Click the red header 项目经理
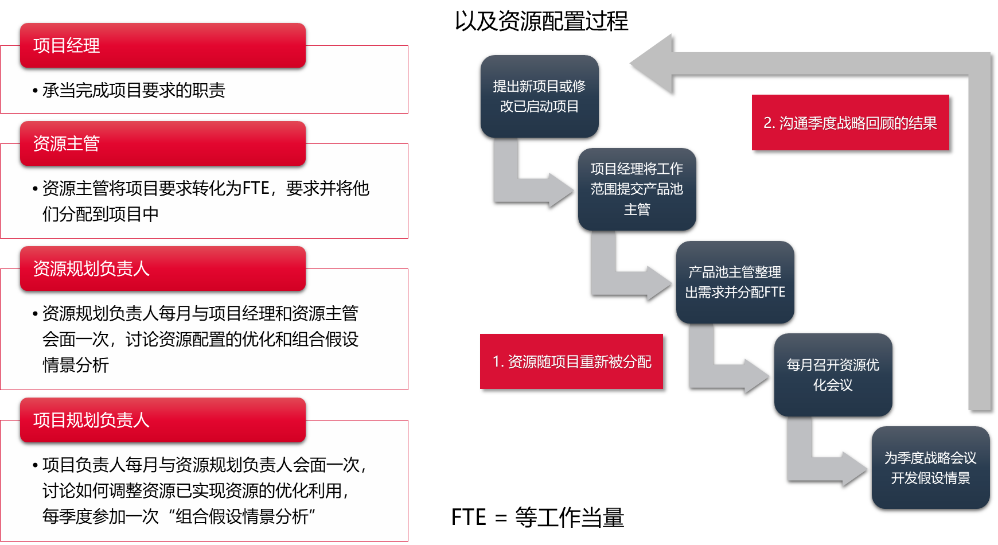(x=162, y=45)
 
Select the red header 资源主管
(x=162, y=143)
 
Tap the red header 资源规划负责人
(x=162, y=268)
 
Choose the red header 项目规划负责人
(x=162, y=420)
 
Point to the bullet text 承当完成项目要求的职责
(x=134, y=90)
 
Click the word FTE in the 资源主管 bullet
(x=256, y=188)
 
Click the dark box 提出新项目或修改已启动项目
(x=539, y=96)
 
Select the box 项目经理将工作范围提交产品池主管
(x=637, y=189)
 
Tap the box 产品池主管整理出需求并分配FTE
(x=735, y=282)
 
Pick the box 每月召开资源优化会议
(x=833, y=375)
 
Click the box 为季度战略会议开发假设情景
(x=930, y=468)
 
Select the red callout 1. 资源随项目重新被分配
(x=571, y=361)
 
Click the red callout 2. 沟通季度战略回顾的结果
(x=850, y=123)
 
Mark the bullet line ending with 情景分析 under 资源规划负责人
(x=76, y=365)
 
